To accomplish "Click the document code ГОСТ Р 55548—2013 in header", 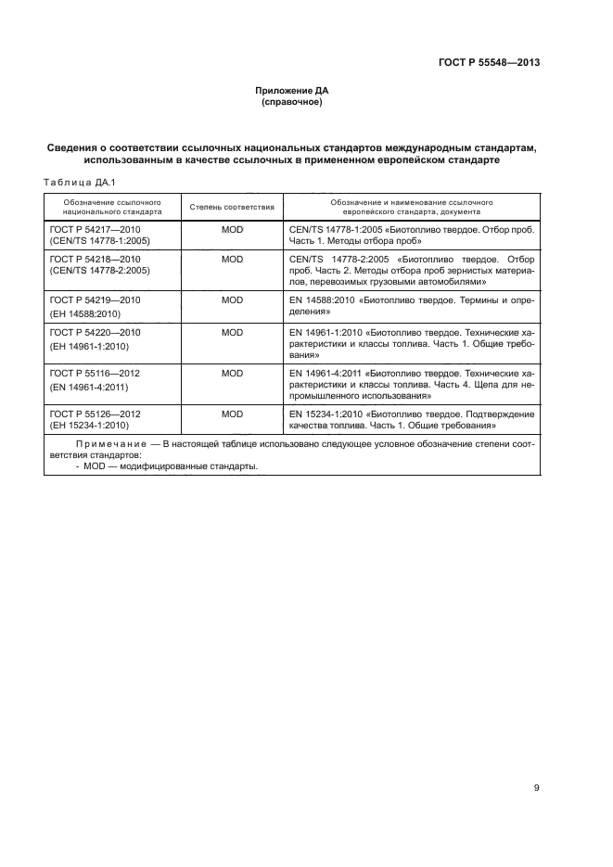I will [x=488, y=63].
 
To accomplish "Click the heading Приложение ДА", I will [x=292, y=91].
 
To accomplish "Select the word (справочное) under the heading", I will [x=292, y=102].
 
